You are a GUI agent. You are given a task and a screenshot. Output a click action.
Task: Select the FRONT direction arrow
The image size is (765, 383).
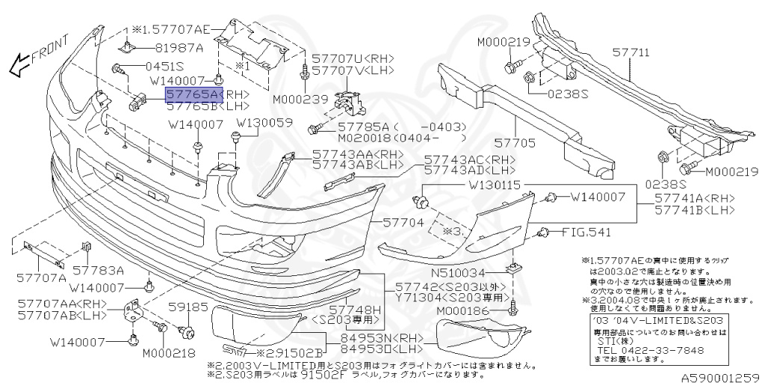point(37,57)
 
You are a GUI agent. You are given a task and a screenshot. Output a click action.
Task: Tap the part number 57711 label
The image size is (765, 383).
point(631,54)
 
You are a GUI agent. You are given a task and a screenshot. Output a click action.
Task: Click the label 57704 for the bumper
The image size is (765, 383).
point(403,223)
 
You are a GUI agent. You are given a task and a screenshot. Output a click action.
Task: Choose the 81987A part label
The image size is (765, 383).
point(179,47)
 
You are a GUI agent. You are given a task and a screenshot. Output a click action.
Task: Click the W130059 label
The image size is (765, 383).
point(265,123)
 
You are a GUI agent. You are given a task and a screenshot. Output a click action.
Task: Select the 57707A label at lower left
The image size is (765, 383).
point(42,278)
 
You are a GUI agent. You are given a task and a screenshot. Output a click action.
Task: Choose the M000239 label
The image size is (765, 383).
point(300,98)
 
